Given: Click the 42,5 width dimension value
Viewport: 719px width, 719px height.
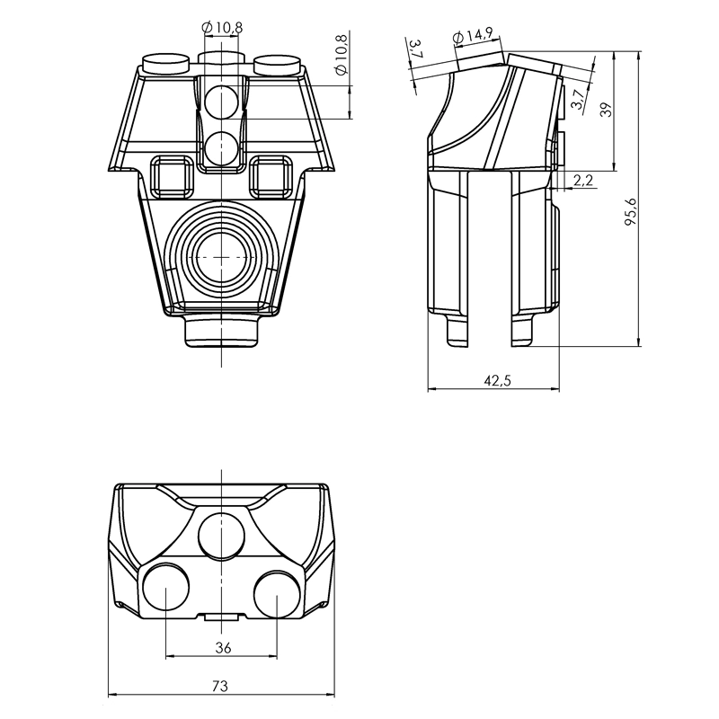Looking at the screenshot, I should [x=497, y=380].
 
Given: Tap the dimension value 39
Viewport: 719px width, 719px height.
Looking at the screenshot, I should [x=606, y=109].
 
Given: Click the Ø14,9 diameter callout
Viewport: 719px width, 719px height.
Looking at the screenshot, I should [x=473, y=37].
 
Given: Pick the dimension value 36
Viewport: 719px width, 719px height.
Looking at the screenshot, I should [x=221, y=647].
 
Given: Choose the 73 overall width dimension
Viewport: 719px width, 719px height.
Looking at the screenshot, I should [x=220, y=686].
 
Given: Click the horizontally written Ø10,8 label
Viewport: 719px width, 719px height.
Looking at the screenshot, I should [x=223, y=28].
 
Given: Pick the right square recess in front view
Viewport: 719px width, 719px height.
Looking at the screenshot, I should [x=271, y=177].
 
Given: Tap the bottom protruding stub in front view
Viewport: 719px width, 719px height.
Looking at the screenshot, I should [x=221, y=330].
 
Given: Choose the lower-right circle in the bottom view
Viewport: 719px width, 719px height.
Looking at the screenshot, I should [x=276, y=593].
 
